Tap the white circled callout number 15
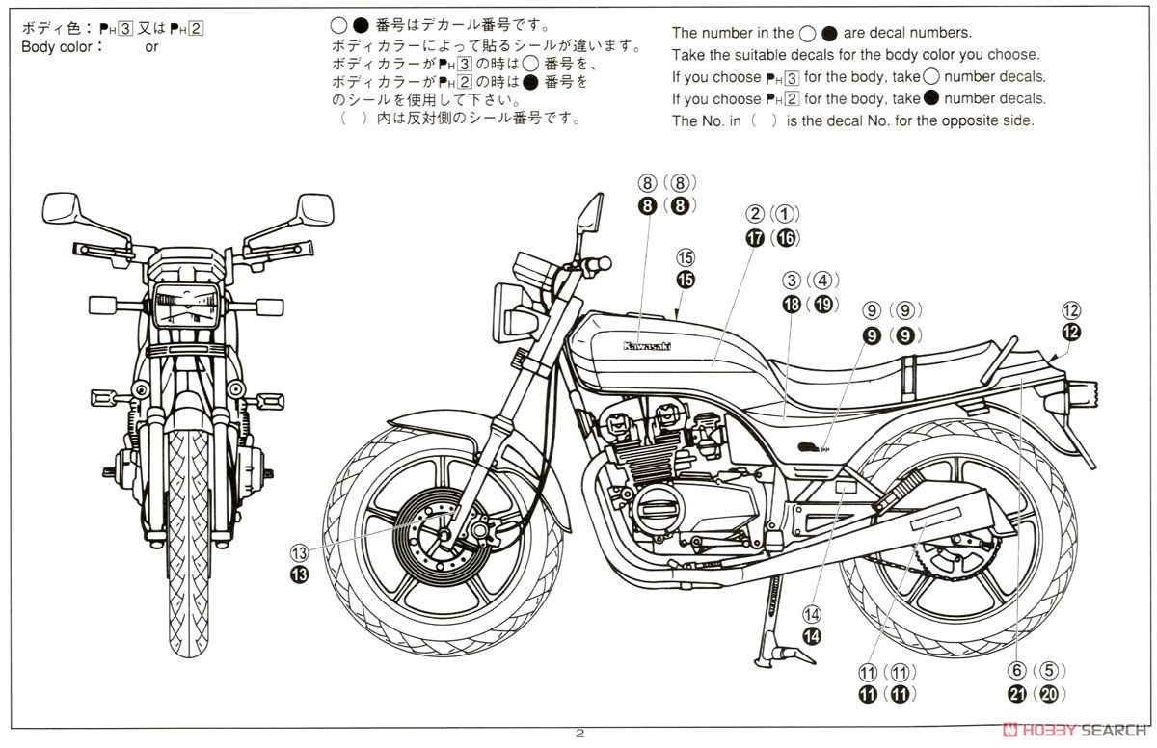686,258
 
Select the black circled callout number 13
300,575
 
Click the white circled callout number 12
1071,310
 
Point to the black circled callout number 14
812,635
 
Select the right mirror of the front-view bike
314,208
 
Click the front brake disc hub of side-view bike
445,532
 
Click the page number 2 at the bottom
579,735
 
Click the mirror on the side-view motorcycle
589,213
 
